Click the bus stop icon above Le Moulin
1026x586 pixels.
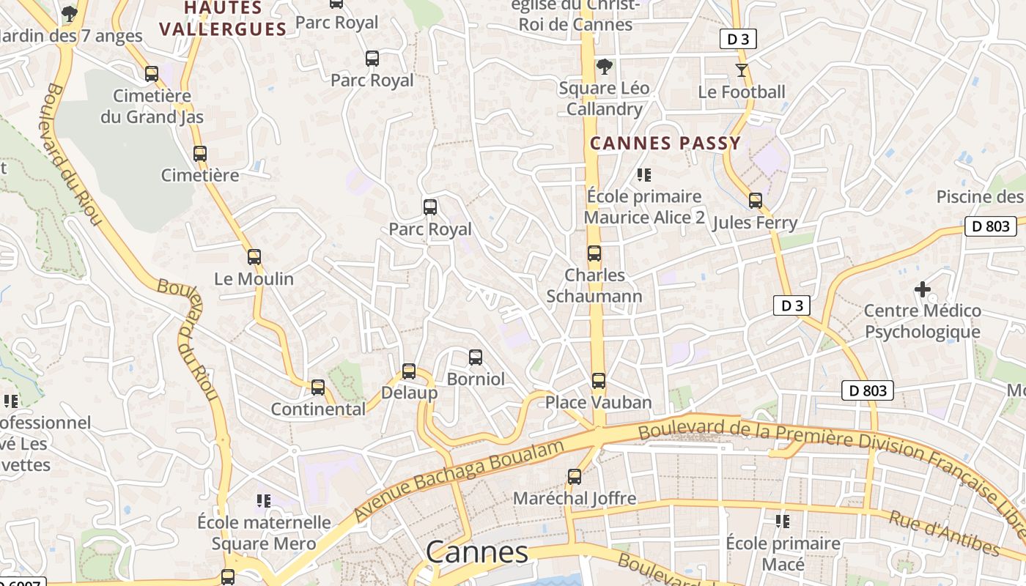coord(254,257)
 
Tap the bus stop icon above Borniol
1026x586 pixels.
coord(476,357)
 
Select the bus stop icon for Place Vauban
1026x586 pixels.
coord(599,381)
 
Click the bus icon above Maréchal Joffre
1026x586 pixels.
coord(575,477)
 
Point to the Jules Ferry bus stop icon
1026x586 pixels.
coord(756,200)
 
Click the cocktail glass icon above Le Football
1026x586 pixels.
coord(742,70)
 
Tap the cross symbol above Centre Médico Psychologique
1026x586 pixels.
coord(923,289)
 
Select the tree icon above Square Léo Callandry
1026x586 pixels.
coord(604,67)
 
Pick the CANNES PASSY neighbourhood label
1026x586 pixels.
coord(665,143)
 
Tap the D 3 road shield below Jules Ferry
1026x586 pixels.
coord(791,305)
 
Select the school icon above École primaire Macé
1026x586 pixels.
coord(783,522)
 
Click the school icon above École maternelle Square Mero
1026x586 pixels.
coord(264,501)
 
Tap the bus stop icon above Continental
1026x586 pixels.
coord(318,387)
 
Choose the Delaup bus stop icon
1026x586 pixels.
coord(409,371)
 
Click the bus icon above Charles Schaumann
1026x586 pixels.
coord(594,253)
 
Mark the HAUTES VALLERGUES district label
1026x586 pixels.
coord(223,19)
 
